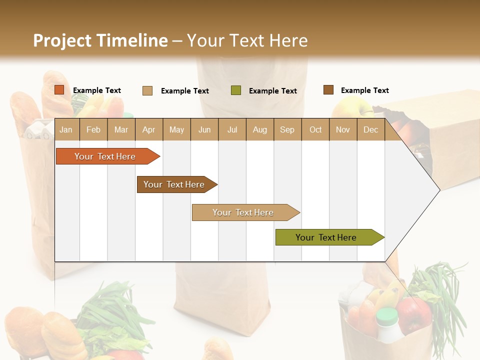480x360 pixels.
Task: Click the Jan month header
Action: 66,129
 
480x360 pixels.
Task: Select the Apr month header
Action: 148,129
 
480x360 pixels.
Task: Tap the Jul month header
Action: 232,129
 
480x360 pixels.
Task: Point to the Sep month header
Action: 287,129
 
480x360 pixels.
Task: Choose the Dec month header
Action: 370,129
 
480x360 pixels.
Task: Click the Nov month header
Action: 342,129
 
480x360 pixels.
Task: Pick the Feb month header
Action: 93,129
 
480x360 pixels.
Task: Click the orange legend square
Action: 59,90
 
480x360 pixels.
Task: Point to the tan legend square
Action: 147,90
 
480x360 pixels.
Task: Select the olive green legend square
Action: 236,90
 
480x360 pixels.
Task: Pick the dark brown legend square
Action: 328,90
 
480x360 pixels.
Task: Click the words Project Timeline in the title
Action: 100,40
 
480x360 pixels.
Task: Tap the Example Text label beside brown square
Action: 364,90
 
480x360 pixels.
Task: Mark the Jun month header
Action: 204,129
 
